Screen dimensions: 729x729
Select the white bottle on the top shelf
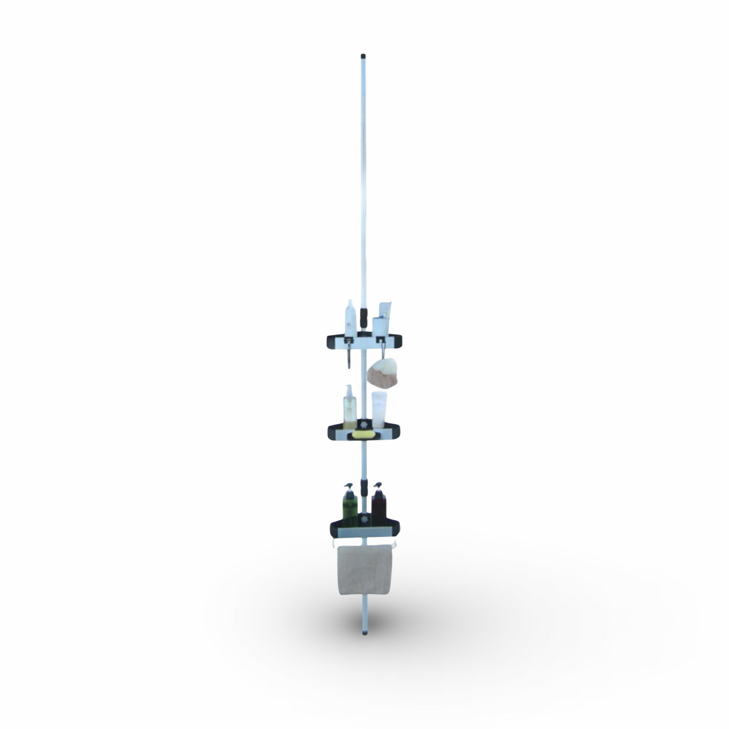click(351, 319)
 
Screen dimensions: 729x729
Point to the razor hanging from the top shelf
click(348, 356)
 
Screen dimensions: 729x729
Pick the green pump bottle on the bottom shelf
click(349, 506)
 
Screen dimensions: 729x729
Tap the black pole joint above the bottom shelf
click(364, 489)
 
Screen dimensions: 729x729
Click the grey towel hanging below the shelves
click(363, 568)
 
